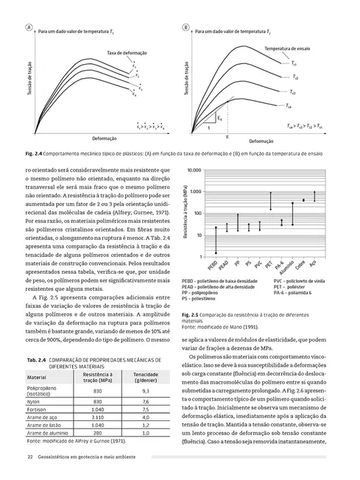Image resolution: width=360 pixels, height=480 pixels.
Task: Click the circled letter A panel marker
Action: (29, 27)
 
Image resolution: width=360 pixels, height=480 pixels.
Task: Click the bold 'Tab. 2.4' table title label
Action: (36, 359)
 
